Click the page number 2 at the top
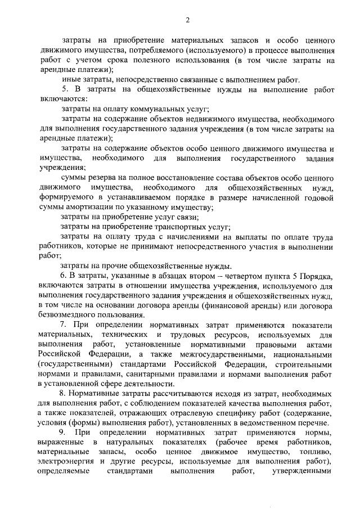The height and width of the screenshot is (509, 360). [x=187, y=21]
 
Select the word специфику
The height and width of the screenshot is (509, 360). [x=219, y=412]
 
